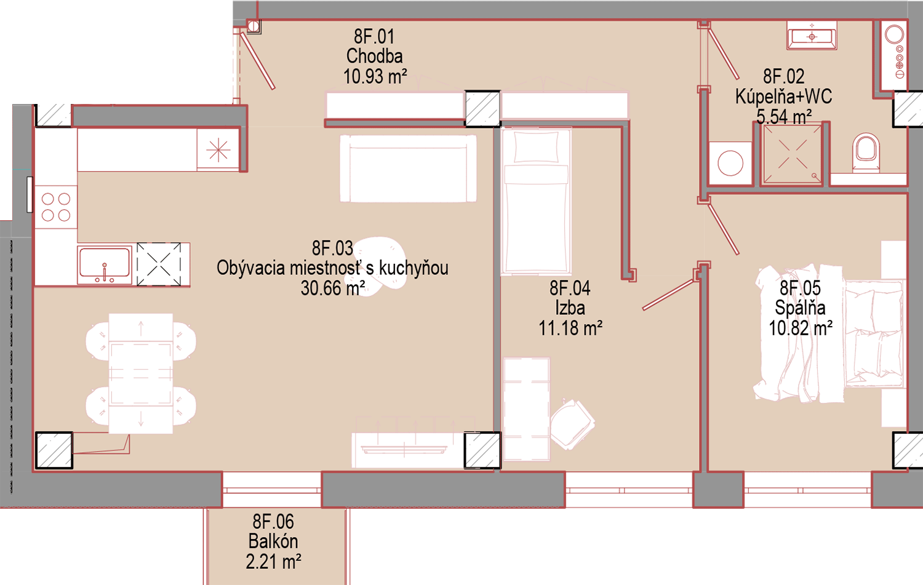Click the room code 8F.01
click(374, 37)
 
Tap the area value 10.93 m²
click(375, 76)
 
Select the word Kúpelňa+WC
click(784, 97)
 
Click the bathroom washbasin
click(812, 36)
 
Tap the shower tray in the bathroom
click(792, 154)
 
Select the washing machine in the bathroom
click(730, 163)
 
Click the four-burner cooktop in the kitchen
click(56, 207)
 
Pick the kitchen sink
click(105, 265)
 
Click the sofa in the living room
click(408, 169)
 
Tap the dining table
click(140, 373)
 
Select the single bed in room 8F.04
click(536, 201)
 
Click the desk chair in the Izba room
click(573, 424)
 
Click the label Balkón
click(273, 541)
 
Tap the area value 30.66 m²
click(333, 288)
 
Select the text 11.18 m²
click(570, 328)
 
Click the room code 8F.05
click(800, 288)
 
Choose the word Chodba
click(375, 57)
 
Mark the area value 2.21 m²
click(273, 562)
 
